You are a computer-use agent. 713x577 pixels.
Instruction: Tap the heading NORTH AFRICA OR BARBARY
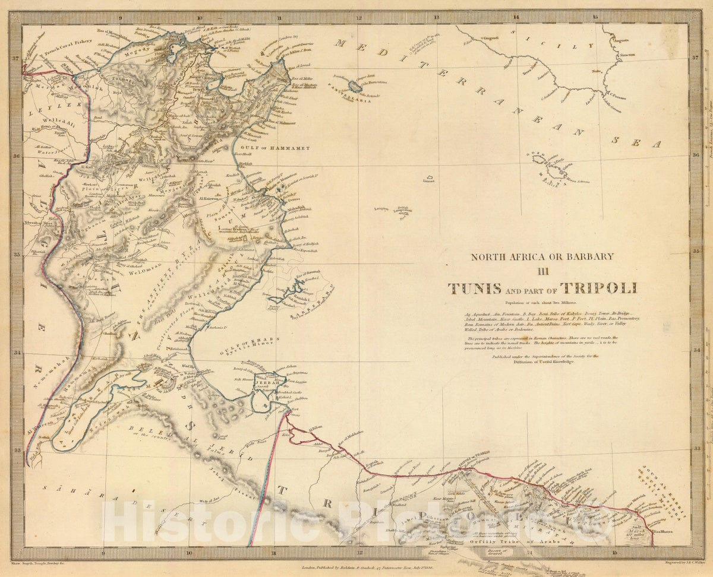tap(542, 257)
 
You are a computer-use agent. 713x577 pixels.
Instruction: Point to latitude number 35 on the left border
tap(17, 255)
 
